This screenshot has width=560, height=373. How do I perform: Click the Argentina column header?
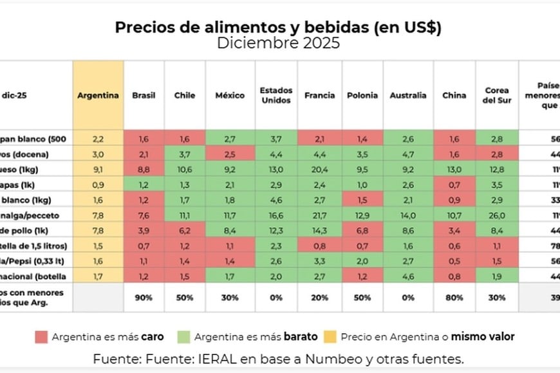[x=98, y=95]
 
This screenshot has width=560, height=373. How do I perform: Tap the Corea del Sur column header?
[x=498, y=95]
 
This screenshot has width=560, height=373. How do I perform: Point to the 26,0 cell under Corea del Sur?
[x=498, y=215]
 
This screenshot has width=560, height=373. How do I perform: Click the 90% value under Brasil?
[x=144, y=298]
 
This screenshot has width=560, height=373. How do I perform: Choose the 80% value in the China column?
[x=454, y=298]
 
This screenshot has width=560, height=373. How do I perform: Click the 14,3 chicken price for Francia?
[x=319, y=230]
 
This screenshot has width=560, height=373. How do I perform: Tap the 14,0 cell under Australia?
[x=408, y=215]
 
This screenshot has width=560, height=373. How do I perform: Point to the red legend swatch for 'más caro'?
[x=43, y=336]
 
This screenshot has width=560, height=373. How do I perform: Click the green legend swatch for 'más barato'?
[x=184, y=336]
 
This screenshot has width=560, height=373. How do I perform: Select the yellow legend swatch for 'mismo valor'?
[x=330, y=336]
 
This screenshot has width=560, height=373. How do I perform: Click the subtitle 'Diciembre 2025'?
[x=278, y=44]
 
